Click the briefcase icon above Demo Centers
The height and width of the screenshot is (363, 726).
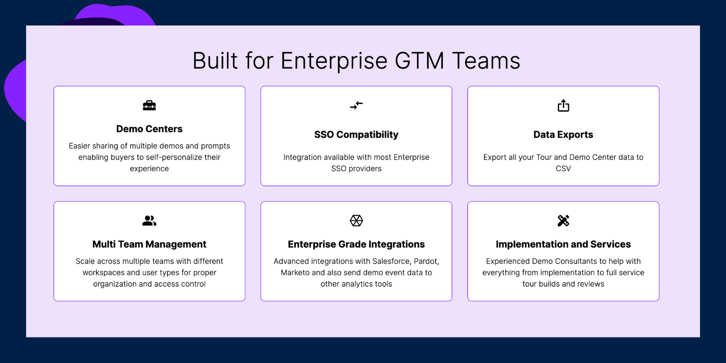click(149, 105)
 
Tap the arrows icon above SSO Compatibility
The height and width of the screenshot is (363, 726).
click(356, 105)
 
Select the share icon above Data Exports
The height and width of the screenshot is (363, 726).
click(563, 105)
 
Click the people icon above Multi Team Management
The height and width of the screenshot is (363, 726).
click(149, 221)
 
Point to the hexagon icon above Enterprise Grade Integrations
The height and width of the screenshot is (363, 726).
click(356, 221)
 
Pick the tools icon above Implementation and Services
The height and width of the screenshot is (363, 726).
click(563, 221)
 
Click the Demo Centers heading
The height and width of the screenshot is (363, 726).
click(149, 129)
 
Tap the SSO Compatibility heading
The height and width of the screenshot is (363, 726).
click(356, 135)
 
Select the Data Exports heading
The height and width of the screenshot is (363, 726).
click(563, 135)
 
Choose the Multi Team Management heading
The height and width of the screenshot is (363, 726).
click(149, 244)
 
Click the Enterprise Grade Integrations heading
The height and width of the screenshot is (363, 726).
click(356, 244)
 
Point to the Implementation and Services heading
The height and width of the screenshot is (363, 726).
click(563, 244)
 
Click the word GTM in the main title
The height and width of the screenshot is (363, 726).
click(419, 60)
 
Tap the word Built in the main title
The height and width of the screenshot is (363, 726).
click(215, 60)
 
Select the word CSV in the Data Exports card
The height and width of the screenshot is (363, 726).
click(563, 169)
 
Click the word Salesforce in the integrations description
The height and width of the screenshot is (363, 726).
click(391, 261)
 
